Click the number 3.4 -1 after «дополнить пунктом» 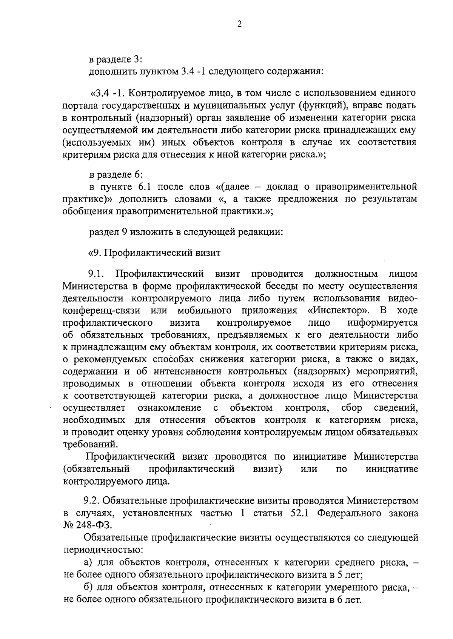point(193,72)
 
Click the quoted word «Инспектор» point(338,310)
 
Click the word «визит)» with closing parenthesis point(268,469)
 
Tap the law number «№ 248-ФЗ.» point(87,525)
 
